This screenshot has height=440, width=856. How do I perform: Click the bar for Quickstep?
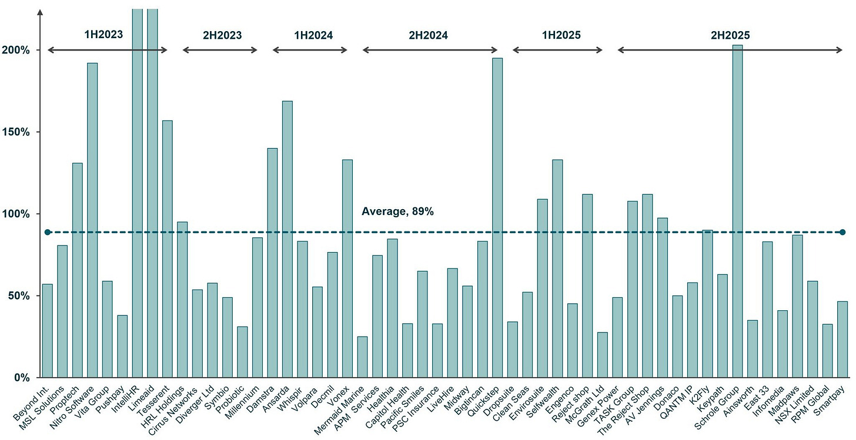497,217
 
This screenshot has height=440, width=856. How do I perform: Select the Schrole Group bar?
737,211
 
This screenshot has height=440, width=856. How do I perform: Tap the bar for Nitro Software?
92,220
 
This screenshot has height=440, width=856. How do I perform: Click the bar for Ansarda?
287,239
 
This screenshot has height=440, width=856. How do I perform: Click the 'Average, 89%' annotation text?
397,211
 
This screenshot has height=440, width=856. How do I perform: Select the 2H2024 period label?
428,35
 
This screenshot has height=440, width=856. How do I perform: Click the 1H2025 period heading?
561,35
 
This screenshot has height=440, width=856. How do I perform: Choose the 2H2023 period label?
222,35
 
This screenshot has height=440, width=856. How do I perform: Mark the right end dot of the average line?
842,232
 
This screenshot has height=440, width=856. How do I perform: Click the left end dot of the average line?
48,232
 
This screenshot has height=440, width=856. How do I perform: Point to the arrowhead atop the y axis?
39,12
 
